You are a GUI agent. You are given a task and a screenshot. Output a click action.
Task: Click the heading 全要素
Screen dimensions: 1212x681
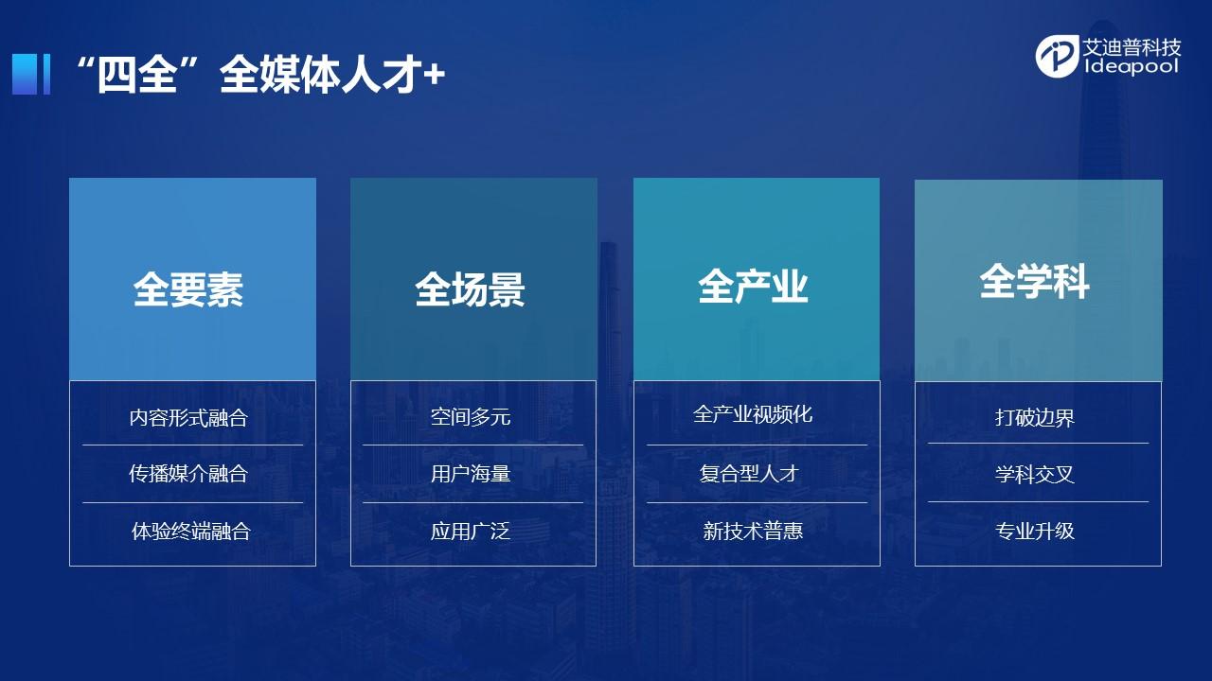click(188, 289)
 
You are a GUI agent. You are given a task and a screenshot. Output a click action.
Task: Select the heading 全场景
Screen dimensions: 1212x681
click(471, 289)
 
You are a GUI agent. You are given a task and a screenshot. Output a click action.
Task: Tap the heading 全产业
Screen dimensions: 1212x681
click(753, 286)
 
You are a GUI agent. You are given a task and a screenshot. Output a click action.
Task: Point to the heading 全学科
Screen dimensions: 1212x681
click(1034, 281)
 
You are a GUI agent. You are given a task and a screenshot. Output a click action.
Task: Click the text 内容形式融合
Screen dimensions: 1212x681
click(188, 418)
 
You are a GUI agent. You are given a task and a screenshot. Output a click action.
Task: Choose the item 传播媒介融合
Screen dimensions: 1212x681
click(188, 474)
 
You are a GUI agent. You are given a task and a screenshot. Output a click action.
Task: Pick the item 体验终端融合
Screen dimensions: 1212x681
click(191, 532)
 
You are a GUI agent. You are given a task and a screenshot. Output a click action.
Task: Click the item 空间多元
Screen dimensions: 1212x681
click(471, 417)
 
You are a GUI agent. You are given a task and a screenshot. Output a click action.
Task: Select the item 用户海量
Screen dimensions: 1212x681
click(471, 474)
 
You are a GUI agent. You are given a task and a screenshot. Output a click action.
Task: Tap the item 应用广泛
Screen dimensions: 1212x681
click(471, 532)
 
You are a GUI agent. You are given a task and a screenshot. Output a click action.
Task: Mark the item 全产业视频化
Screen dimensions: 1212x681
click(753, 414)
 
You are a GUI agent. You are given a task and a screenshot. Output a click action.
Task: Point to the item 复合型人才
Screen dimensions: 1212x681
click(749, 474)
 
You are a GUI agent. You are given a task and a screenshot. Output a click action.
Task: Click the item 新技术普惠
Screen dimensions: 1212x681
click(753, 532)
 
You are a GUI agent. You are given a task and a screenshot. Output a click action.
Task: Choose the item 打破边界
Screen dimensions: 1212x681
click(1035, 418)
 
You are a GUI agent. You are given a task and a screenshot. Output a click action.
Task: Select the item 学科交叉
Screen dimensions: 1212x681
click(1035, 475)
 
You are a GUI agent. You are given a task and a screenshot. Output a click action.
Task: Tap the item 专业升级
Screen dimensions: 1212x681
click(1035, 531)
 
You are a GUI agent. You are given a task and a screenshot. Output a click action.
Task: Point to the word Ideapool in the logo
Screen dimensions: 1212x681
click(1132, 66)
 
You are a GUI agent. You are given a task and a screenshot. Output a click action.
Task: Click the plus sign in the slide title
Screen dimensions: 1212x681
click(434, 74)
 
